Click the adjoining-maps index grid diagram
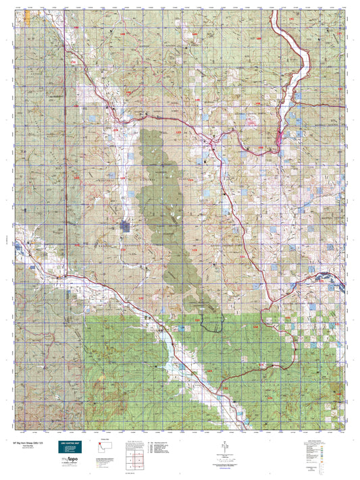pos(134,460)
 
